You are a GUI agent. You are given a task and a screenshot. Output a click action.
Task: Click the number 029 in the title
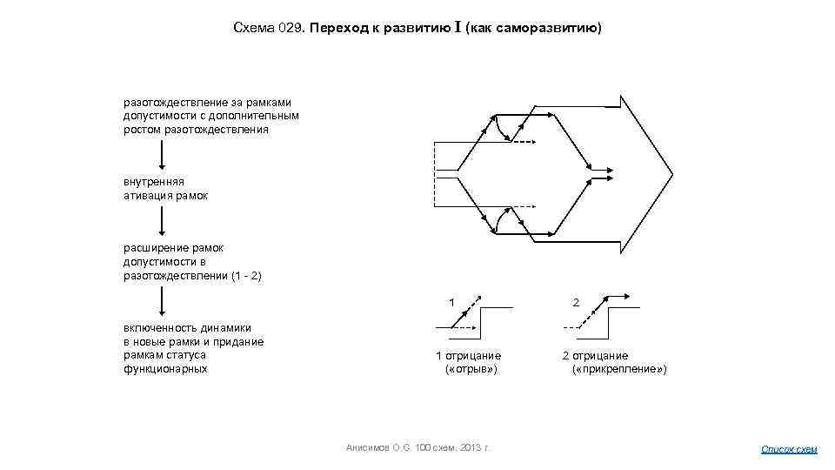[x=289, y=28]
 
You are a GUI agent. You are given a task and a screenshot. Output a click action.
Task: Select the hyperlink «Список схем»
[x=789, y=449]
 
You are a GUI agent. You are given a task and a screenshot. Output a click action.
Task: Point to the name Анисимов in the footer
[x=368, y=447]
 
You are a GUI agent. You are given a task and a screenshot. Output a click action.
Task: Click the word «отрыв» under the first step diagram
[x=471, y=369]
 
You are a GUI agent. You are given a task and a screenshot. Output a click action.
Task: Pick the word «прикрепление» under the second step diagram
[x=619, y=369]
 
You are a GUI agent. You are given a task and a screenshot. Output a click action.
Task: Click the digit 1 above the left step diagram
[x=451, y=302]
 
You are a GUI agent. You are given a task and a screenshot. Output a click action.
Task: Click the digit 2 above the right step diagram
[x=576, y=302]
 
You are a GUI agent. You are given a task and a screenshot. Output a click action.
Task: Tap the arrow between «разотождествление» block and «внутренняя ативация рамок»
[x=161, y=155]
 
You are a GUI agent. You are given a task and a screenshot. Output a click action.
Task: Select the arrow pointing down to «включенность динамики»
[x=161, y=302]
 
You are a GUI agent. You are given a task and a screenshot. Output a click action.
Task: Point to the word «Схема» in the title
[x=253, y=28]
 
